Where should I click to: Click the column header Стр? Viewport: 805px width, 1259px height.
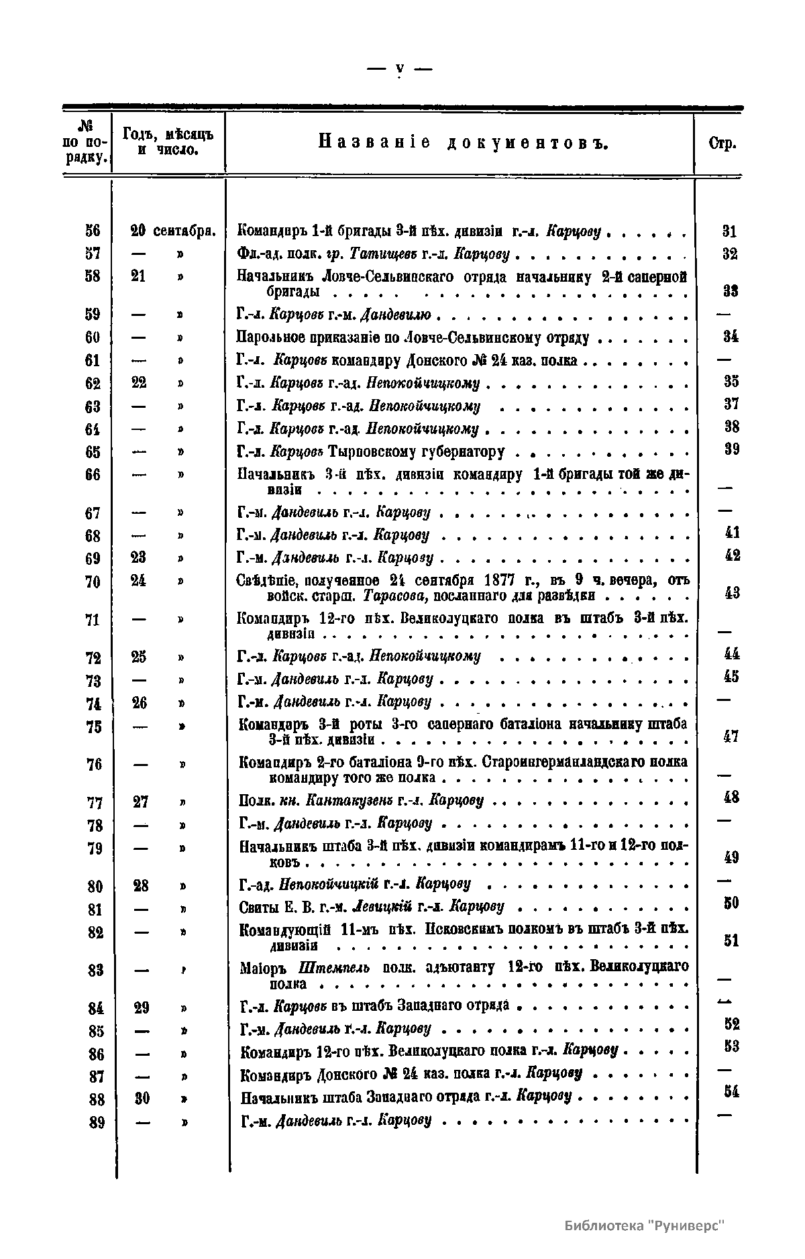pyautogui.click(x=722, y=144)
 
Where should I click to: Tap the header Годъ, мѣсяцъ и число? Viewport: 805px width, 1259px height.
pyautogui.click(x=168, y=142)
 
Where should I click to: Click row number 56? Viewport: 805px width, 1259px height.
pyautogui.click(x=93, y=231)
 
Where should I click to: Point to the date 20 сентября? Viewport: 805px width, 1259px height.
pyautogui.click(x=172, y=231)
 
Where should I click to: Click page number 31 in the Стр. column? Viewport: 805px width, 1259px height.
pyautogui.click(x=729, y=231)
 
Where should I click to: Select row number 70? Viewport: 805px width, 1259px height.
pyautogui.click(x=93, y=582)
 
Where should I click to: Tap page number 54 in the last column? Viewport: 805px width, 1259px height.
pyautogui.click(x=731, y=1091)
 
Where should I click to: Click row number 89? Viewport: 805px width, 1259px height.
pyautogui.click(x=97, y=1122)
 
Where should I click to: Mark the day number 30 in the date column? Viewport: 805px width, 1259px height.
pyautogui.click(x=142, y=1098)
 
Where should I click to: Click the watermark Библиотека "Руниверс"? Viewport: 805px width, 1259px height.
pyautogui.click(x=645, y=1225)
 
